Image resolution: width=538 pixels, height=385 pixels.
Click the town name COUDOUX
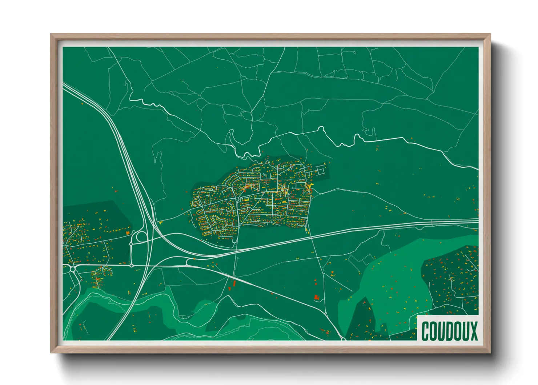pos(449,331)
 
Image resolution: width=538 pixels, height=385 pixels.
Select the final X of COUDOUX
pos(473,331)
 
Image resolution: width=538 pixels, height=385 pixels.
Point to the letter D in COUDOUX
pos(449,331)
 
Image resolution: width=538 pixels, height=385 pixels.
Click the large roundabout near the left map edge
pos(73,269)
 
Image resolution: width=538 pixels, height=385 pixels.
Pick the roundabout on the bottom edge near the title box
pos(343,339)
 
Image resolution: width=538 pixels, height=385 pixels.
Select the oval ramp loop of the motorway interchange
pos(141,237)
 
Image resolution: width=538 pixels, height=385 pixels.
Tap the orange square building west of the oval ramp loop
pos(128,232)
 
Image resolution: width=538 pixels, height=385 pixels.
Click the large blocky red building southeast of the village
pos(316,298)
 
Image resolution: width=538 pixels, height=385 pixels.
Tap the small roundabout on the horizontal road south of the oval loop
pos(132,265)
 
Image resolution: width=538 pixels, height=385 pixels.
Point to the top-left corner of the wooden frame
pos(51,35)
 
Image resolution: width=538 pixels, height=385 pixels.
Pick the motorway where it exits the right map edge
pos(478,221)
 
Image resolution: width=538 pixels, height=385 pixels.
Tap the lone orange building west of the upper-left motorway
pos(82,104)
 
